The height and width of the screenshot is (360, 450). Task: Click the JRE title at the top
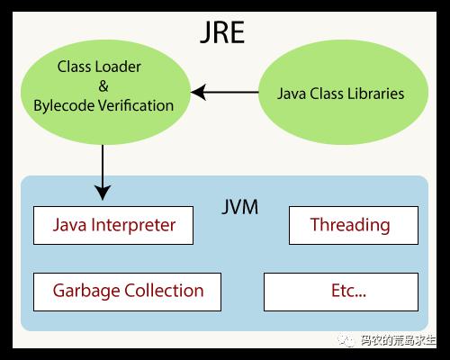tap(222, 32)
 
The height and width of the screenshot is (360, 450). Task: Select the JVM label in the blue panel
tap(239, 207)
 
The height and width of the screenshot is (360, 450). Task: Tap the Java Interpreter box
tap(113, 225)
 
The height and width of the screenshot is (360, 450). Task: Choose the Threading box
tap(354, 225)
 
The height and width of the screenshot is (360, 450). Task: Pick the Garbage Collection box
tap(127, 292)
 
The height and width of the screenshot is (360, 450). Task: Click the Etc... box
tap(341, 292)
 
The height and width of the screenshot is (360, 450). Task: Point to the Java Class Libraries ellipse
tap(343, 93)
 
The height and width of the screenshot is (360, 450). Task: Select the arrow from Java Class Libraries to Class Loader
tap(225, 92)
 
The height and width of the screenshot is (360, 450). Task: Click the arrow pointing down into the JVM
tap(103, 173)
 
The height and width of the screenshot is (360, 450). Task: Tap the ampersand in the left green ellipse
tap(103, 86)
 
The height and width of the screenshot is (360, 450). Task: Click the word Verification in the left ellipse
tap(136, 105)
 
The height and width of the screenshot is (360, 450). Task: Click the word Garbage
tap(86, 291)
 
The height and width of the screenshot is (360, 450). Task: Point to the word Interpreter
tap(133, 225)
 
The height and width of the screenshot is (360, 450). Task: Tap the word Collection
tap(164, 291)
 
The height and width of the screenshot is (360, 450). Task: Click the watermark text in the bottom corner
tap(387, 340)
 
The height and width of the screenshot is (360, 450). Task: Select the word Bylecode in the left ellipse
tap(64, 106)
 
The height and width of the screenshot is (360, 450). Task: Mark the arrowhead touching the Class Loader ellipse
tap(198, 92)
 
